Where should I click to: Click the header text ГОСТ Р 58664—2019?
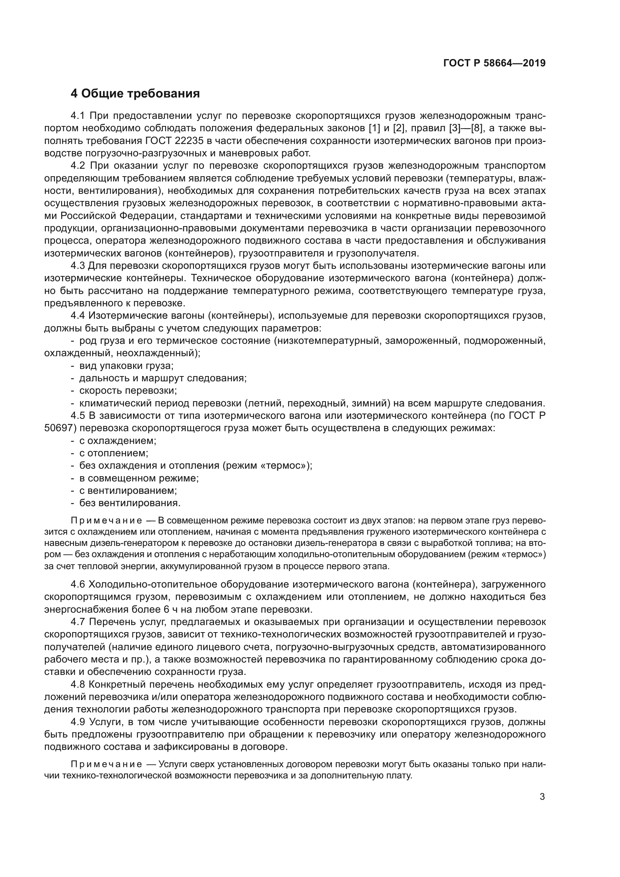tap(494, 63)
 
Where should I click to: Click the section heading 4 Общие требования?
tap(135, 94)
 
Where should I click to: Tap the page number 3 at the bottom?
tap(542, 797)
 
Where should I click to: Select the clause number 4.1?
tap(79, 116)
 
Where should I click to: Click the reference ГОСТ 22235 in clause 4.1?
tap(175, 141)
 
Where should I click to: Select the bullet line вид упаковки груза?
tap(126, 366)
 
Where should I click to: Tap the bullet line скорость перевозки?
tap(127, 391)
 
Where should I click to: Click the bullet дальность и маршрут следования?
tap(163, 378)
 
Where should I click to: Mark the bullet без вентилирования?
tap(129, 503)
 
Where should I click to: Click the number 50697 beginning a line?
tap(58, 428)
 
